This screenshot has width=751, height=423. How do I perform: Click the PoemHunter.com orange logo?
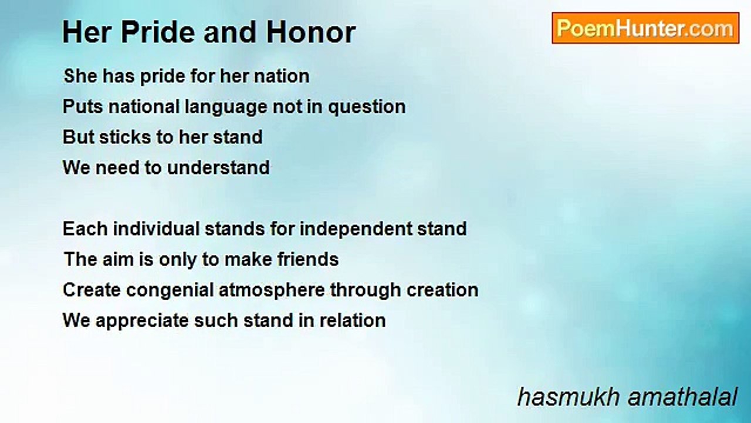click(645, 28)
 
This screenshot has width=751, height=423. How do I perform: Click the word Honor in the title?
click(311, 32)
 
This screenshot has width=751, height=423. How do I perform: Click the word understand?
click(218, 167)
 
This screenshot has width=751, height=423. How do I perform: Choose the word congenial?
click(170, 291)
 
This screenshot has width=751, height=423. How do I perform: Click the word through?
click(366, 291)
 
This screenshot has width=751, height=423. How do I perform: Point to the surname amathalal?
click(682, 397)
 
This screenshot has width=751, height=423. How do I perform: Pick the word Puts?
click(83, 106)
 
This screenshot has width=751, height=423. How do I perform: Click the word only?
click(177, 260)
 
